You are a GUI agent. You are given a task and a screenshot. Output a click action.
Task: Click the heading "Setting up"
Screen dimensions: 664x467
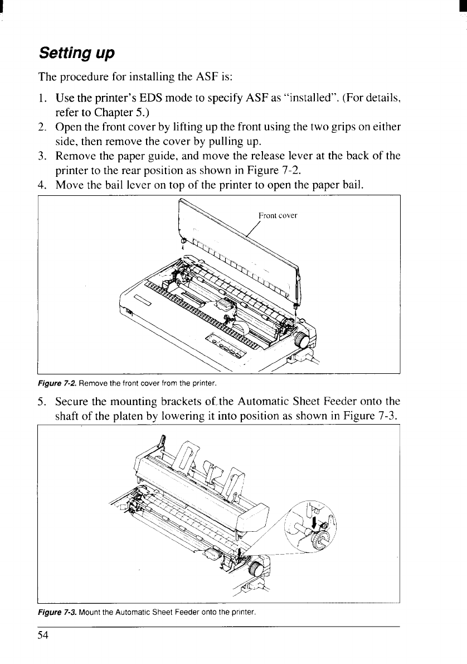76,54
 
